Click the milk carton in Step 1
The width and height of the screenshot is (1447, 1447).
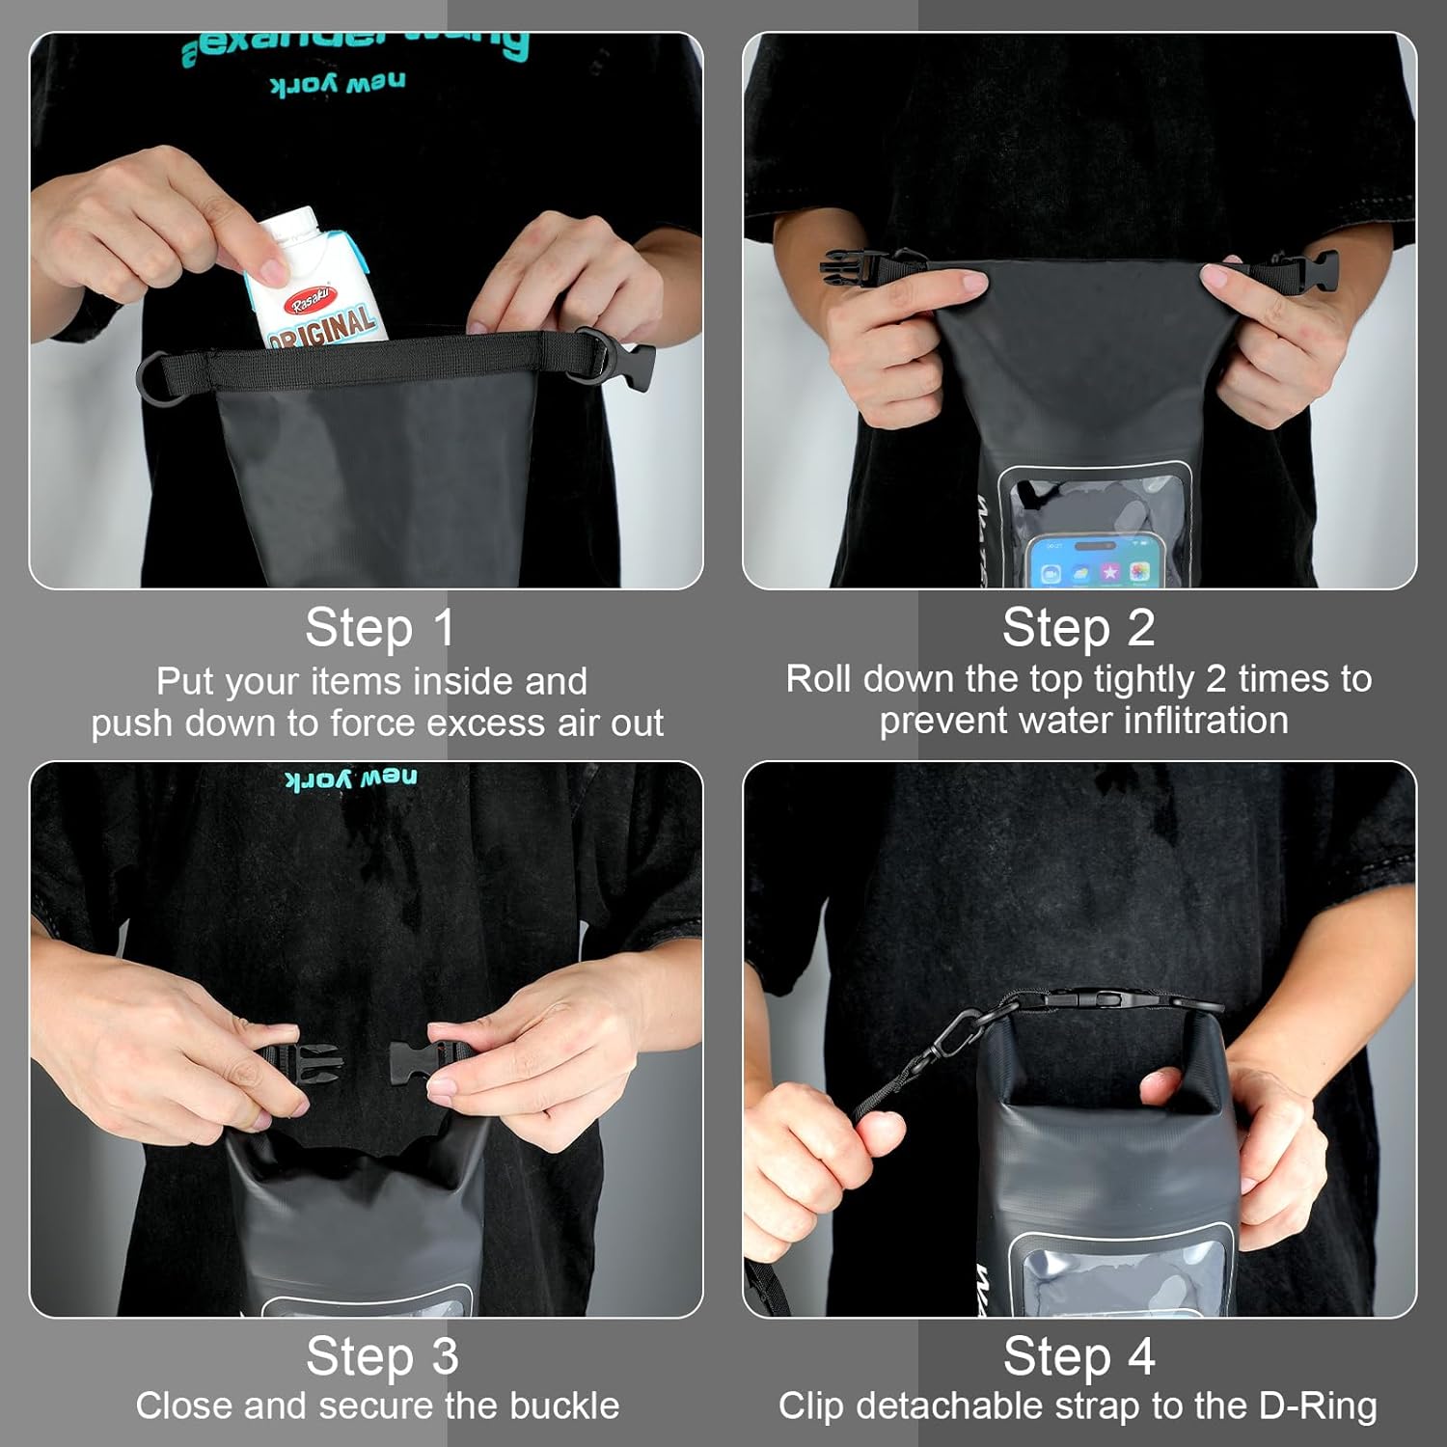point(309,280)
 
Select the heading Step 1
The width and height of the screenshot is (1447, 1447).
point(379,629)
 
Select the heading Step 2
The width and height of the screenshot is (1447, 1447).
point(1078,629)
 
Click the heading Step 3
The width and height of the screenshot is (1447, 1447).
point(382,1357)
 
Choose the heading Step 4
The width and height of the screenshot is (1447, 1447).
point(1078,1357)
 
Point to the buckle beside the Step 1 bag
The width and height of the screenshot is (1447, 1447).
point(637,367)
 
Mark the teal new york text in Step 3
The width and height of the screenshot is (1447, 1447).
point(351,778)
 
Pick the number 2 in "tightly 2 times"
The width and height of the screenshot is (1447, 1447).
point(1215,679)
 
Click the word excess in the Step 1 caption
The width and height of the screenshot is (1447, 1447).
point(477,723)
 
